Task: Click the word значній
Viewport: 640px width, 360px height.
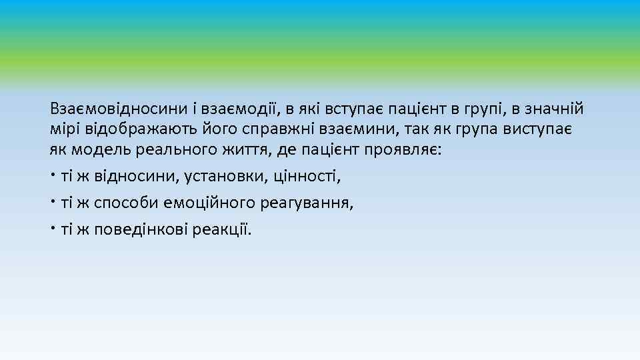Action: tap(559, 109)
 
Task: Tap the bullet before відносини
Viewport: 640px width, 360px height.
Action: tap(53, 175)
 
